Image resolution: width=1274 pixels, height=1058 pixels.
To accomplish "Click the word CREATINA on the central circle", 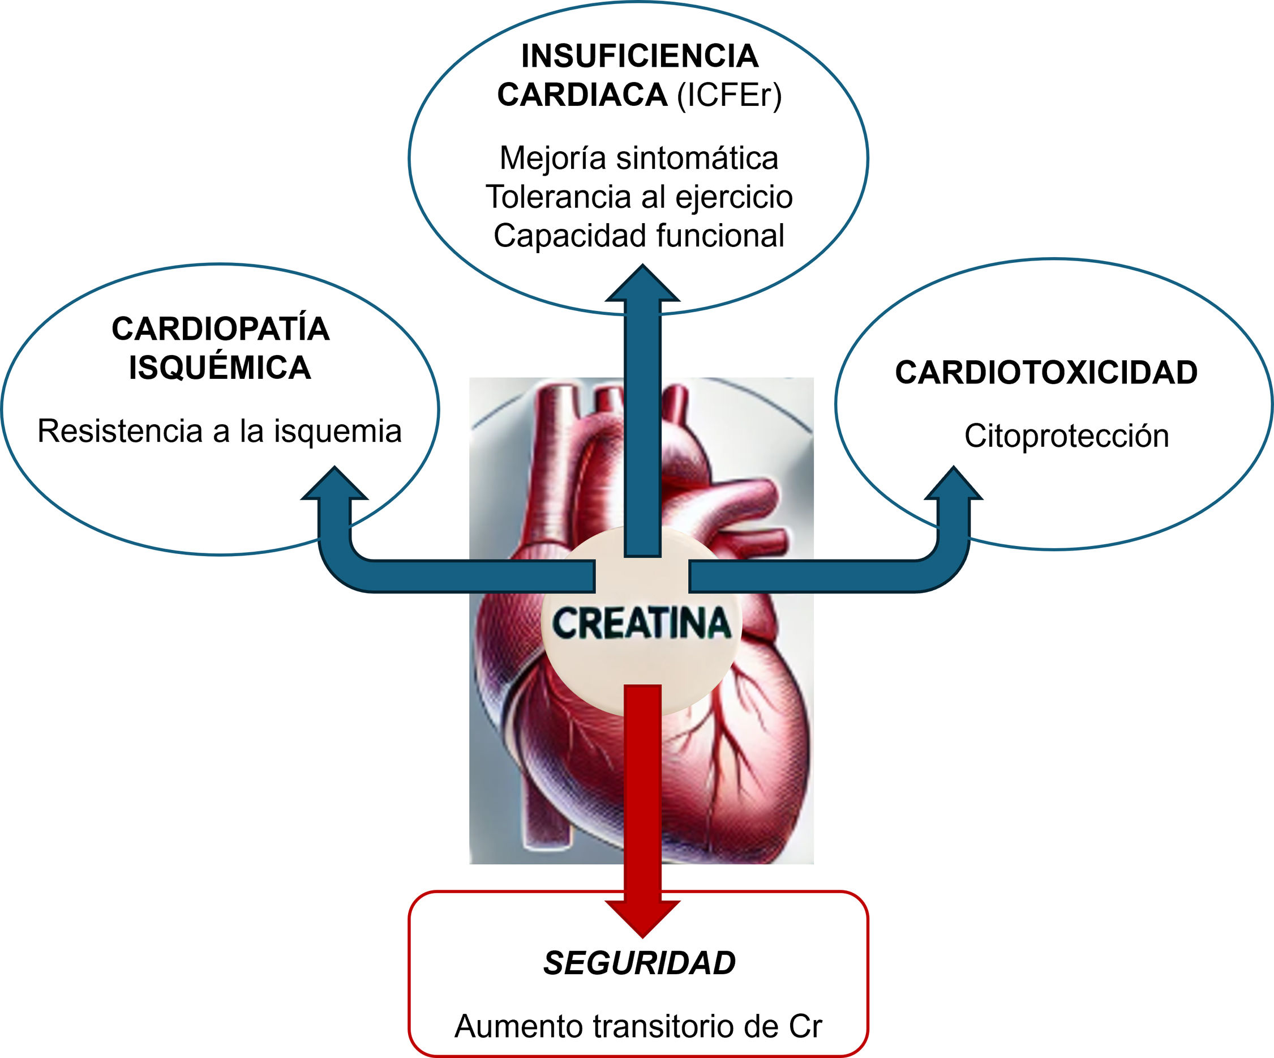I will pyautogui.click(x=641, y=624).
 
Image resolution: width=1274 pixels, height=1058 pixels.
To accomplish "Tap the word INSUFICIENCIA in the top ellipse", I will pyautogui.click(x=640, y=57).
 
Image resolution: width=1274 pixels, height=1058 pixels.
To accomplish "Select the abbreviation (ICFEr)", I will pyautogui.click(x=729, y=95).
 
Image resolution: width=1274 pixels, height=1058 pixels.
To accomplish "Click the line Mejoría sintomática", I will pyautogui.click(x=639, y=159).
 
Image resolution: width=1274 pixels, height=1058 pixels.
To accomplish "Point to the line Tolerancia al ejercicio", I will pyautogui.click(x=639, y=197).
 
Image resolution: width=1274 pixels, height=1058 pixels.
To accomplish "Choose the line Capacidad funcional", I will pyautogui.click(x=639, y=236).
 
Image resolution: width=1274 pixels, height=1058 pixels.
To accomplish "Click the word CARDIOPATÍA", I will pyautogui.click(x=220, y=330).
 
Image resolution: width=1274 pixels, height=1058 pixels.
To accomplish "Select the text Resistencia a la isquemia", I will pyautogui.click(x=220, y=432).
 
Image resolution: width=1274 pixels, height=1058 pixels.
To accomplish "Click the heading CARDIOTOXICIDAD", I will pyautogui.click(x=1046, y=373).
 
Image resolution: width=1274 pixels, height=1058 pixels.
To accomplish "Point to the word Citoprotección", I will pyautogui.click(x=1066, y=436).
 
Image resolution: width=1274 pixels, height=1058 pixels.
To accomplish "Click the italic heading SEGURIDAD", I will pyautogui.click(x=640, y=963).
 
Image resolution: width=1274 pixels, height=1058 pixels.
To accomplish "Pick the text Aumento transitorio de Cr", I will pyautogui.click(x=638, y=1026).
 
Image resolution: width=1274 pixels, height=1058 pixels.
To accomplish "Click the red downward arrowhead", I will pyautogui.click(x=642, y=916).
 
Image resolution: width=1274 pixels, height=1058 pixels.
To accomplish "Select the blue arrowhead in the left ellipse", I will pyautogui.click(x=335, y=485).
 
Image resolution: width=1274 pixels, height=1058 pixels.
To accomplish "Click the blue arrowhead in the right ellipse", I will pyautogui.click(x=953, y=485).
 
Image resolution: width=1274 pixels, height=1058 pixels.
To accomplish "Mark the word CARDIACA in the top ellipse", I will pyautogui.click(x=582, y=95).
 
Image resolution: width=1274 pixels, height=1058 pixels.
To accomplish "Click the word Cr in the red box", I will pyautogui.click(x=805, y=1026).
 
